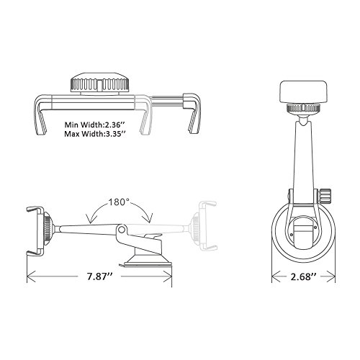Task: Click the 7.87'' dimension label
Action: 99,276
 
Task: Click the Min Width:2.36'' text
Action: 95,125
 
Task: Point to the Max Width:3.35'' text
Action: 95,134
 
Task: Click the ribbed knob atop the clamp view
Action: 100,83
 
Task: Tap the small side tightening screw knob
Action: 325,196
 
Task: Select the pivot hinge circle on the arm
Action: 122,230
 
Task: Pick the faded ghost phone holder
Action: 204,225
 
